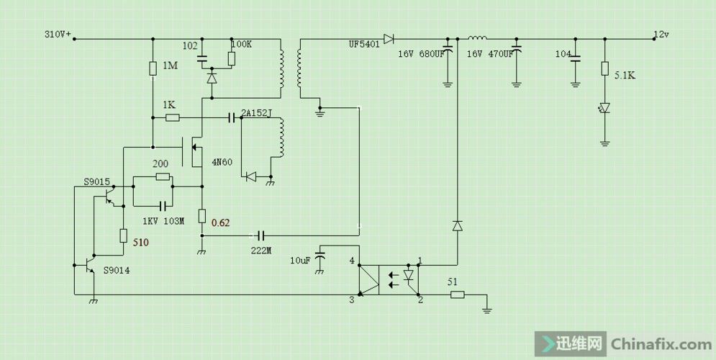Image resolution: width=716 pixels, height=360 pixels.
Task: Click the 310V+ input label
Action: click(58, 34)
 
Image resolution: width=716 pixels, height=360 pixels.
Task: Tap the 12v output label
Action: click(661, 34)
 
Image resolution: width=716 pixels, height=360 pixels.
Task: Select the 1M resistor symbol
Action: click(153, 68)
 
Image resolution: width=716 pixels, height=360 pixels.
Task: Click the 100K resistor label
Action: click(241, 44)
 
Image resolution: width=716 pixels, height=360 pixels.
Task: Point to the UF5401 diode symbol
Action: click(389, 38)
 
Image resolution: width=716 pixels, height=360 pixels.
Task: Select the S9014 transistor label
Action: click(117, 270)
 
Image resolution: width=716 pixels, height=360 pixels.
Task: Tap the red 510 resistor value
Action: click(140, 243)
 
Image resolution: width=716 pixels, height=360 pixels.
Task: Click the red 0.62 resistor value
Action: click(220, 222)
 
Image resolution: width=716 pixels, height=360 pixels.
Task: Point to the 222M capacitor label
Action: click(260, 250)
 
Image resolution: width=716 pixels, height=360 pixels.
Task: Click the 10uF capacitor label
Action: click(301, 260)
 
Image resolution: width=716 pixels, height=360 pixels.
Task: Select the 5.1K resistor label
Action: click(624, 73)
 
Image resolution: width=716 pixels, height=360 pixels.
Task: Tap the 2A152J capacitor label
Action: click(256, 112)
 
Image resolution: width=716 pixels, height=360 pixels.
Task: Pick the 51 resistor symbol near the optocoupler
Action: click(456, 294)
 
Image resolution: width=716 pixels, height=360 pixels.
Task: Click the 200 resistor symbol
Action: click(162, 176)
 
